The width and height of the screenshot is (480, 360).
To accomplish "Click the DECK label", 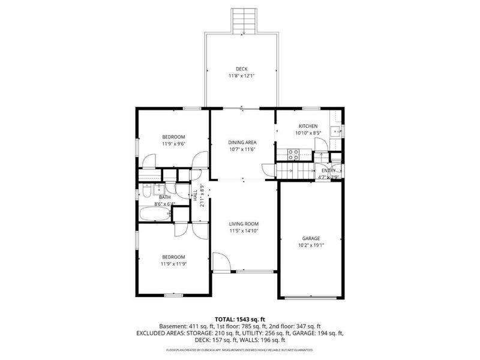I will click(x=242, y=69).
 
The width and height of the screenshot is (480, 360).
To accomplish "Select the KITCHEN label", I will click(x=308, y=126).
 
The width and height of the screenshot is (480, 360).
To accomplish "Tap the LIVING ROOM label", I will click(x=243, y=224).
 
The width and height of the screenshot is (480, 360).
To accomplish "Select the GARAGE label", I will click(x=311, y=238).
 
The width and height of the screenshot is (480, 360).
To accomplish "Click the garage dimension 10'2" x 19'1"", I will click(x=311, y=245).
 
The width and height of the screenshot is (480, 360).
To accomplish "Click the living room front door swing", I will click(x=221, y=262).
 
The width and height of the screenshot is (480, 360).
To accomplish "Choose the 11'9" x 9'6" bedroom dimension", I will click(x=173, y=144).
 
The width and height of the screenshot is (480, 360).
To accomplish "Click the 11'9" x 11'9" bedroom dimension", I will click(x=173, y=264).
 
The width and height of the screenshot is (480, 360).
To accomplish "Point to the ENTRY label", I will click(x=328, y=170).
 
